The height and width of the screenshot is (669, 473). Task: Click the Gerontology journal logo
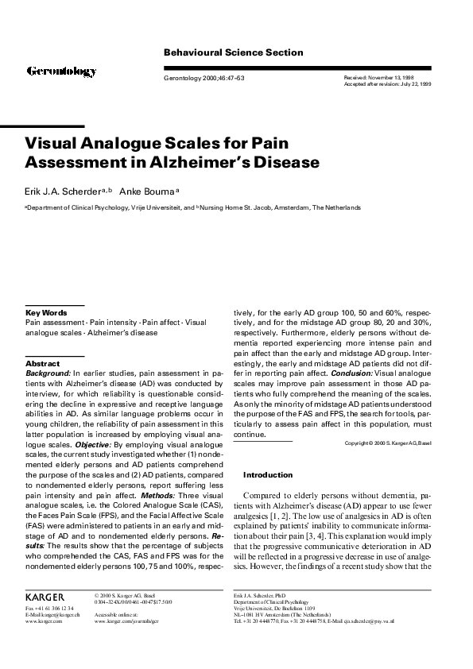[62, 72]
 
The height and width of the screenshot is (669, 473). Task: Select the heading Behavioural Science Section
[233, 52]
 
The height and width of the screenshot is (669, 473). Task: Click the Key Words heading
[45, 314]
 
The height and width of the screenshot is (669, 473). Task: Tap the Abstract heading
[43, 363]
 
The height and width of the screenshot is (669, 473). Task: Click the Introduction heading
[268, 474]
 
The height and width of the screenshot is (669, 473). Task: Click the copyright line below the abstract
[388, 443]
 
